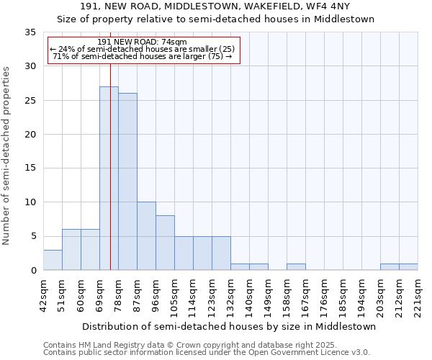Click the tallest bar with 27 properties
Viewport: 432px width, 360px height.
(109, 179)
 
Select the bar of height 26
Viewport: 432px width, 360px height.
(127, 181)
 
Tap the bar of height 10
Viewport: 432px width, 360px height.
(146, 236)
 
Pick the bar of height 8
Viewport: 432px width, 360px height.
(165, 243)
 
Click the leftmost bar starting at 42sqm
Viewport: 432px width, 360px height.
(53, 260)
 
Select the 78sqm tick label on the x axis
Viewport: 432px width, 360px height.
(118, 296)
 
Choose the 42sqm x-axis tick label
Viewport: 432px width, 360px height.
(43, 296)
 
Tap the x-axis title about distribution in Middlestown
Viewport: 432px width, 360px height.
(229, 326)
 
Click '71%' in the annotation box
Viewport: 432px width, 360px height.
(60, 56)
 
